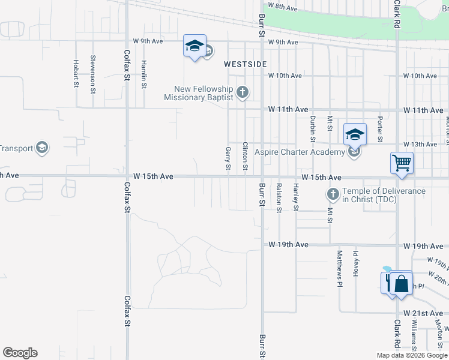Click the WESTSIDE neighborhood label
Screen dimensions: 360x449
(x=245, y=64)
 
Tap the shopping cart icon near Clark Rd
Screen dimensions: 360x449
(x=402, y=162)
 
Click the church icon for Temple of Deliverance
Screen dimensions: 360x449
(x=333, y=194)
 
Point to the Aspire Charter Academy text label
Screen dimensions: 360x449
(x=300, y=152)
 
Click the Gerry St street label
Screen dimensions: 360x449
(x=228, y=158)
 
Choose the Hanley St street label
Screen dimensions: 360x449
(x=296, y=197)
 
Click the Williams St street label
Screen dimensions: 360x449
(x=414, y=334)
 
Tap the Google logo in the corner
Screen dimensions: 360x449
(x=20, y=353)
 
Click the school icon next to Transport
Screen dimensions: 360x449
(x=41, y=148)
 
